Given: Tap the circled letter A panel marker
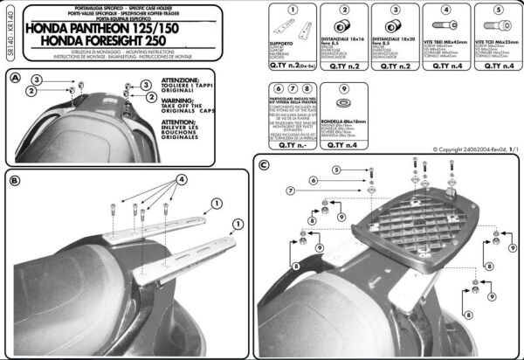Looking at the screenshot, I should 15,78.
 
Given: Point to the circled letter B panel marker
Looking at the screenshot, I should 15,181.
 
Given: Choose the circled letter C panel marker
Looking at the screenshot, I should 264,163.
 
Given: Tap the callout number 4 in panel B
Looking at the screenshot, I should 182,178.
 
